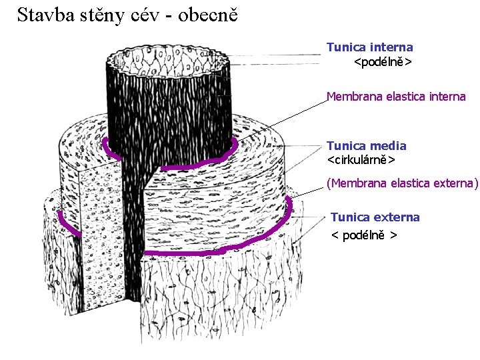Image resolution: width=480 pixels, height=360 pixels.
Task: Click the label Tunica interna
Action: [369, 47]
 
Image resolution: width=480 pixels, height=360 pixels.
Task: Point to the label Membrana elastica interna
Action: [395, 97]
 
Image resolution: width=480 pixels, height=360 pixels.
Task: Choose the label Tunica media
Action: [366, 145]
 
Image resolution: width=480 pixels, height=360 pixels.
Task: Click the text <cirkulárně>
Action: [361, 160]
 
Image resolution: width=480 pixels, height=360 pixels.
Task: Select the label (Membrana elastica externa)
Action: [402, 183]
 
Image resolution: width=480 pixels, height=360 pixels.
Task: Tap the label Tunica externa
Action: [375, 217]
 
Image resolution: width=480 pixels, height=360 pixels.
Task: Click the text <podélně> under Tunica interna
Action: [382, 62]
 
